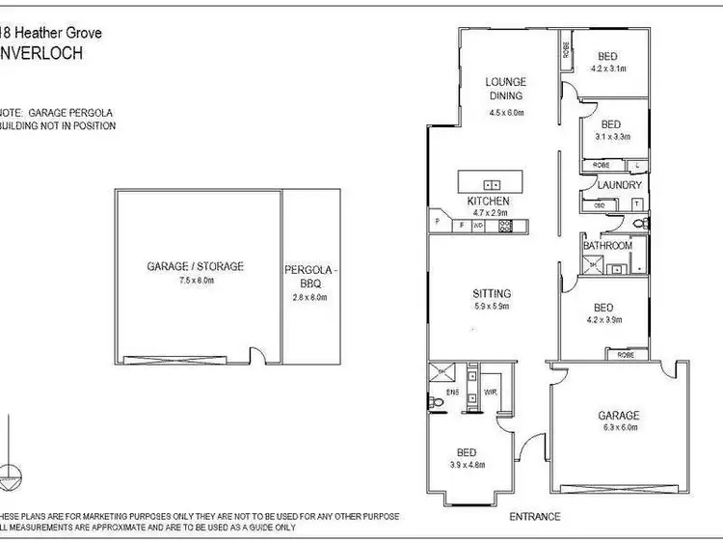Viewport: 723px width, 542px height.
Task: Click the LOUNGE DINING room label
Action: [x=504, y=89]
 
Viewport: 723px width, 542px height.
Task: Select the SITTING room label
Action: [x=491, y=293]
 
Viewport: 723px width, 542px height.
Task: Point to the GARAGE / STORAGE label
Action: [x=195, y=266]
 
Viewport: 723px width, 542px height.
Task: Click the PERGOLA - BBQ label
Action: [x=309, y=278]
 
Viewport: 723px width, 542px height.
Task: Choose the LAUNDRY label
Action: [x=619, y=185]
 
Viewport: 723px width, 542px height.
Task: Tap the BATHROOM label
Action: [x=608, y=246]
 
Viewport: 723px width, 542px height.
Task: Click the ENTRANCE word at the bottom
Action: [x=535, y=517]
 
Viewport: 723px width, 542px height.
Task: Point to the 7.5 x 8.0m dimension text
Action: [x=195, y=281]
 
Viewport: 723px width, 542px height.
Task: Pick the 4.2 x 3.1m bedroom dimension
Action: [x=609, y=69]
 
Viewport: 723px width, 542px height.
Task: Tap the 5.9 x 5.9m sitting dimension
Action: [x=491, y=307]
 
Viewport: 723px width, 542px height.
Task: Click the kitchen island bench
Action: [x=492, y=182]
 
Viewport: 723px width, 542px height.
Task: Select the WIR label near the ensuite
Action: [x=490, y=393]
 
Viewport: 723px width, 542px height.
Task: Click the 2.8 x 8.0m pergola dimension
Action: [x=310, y=298]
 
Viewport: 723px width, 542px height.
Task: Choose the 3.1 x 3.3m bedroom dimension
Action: [x=613, y=137]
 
